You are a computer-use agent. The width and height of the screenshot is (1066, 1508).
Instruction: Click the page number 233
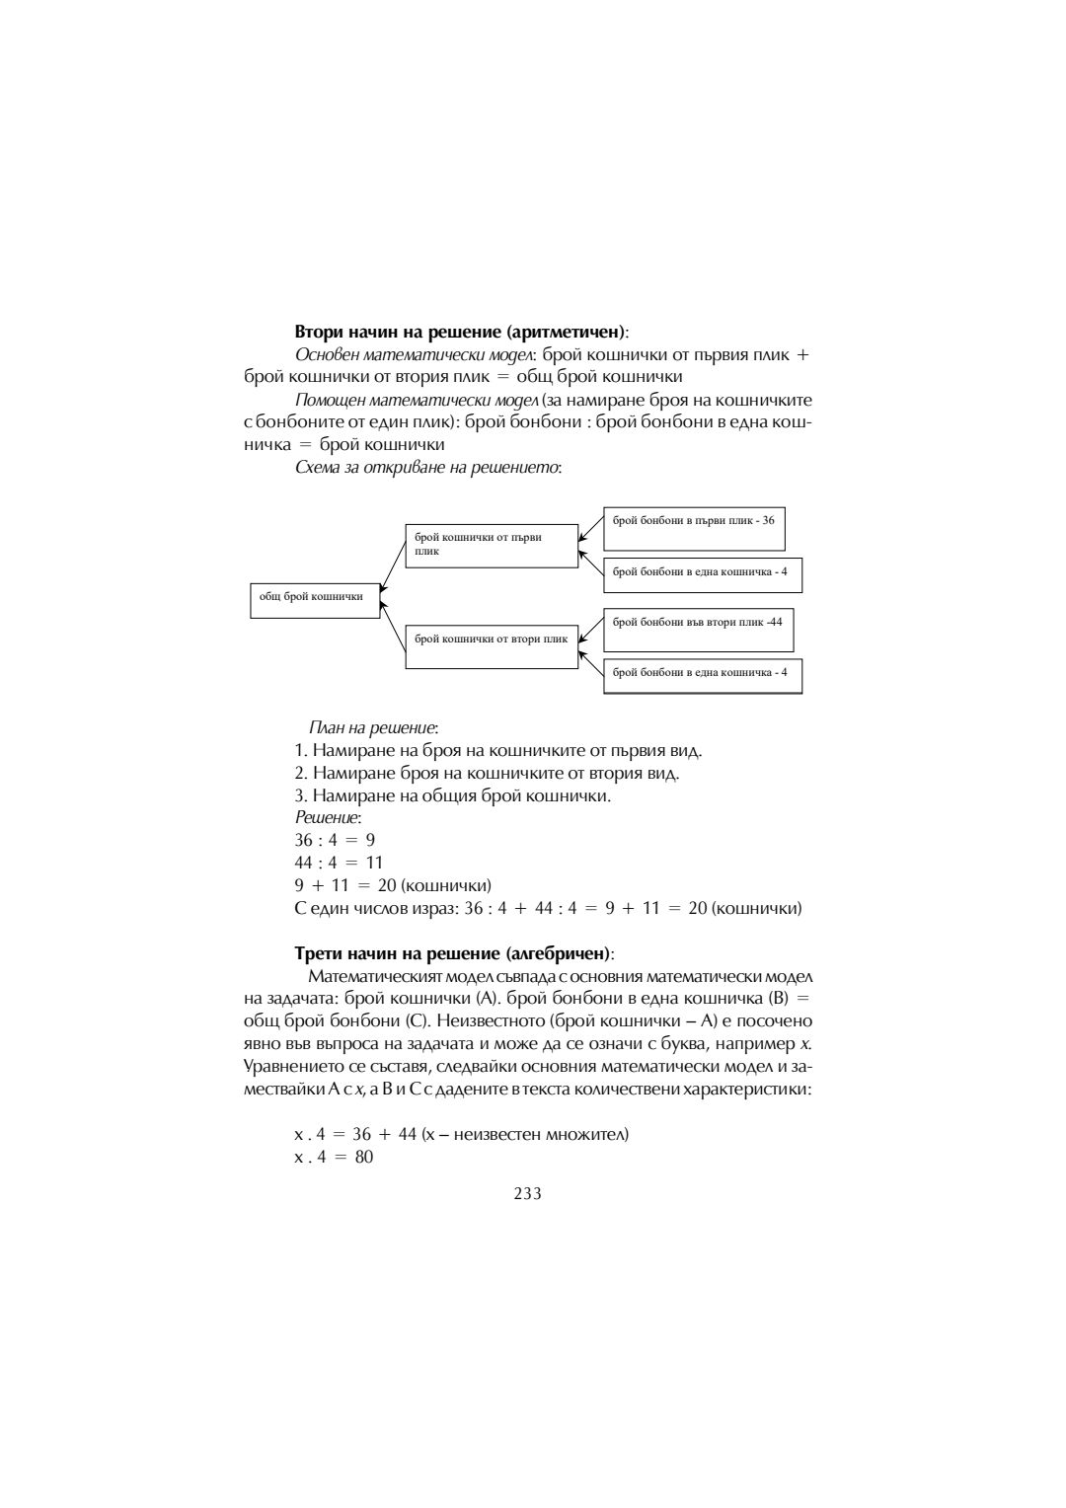(x=527, y=1193)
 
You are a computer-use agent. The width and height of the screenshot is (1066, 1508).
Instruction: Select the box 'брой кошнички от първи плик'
(x=492, y=546)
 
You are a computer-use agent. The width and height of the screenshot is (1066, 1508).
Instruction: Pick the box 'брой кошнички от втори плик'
(x=492, y=641)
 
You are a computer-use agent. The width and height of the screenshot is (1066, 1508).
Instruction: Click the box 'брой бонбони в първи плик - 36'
(x=694, y=528)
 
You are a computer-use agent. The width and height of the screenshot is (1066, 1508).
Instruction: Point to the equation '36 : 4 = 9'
(x=335, y=840)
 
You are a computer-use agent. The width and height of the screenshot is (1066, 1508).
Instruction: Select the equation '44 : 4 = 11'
(x=339, y=863)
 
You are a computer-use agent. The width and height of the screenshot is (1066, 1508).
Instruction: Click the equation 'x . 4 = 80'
(x=334, y=1157)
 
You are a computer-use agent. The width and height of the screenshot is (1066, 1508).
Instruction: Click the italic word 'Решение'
(x=328, y=818)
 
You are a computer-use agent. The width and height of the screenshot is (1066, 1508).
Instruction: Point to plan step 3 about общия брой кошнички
(x=452, y=795)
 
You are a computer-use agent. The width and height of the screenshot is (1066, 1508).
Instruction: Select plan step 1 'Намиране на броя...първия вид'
(x=498, y=751)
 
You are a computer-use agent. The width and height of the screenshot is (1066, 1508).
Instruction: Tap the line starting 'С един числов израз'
(x=548, y=908)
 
